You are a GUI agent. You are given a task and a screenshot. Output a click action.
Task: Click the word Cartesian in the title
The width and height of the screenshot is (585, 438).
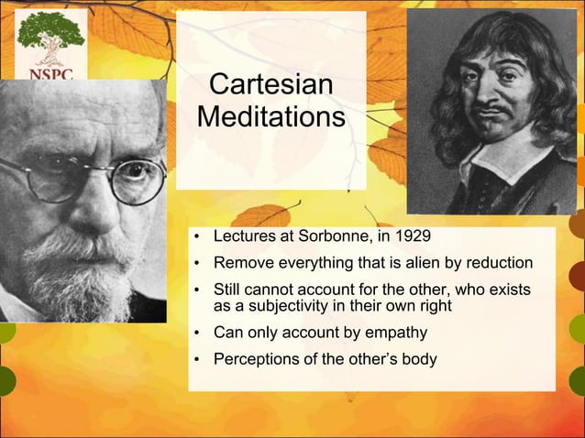[270, 86]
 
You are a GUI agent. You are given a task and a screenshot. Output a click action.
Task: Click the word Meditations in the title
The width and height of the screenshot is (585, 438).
[270, 119]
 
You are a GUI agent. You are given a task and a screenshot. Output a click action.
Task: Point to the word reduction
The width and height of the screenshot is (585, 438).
[494, 265]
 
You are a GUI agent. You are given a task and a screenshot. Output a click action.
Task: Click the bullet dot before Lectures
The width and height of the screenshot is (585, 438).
[197, 241]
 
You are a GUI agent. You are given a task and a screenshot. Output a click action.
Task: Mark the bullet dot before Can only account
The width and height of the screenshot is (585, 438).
[197, 332]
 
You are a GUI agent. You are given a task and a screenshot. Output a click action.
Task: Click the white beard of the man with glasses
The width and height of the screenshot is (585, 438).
[78, 275]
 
